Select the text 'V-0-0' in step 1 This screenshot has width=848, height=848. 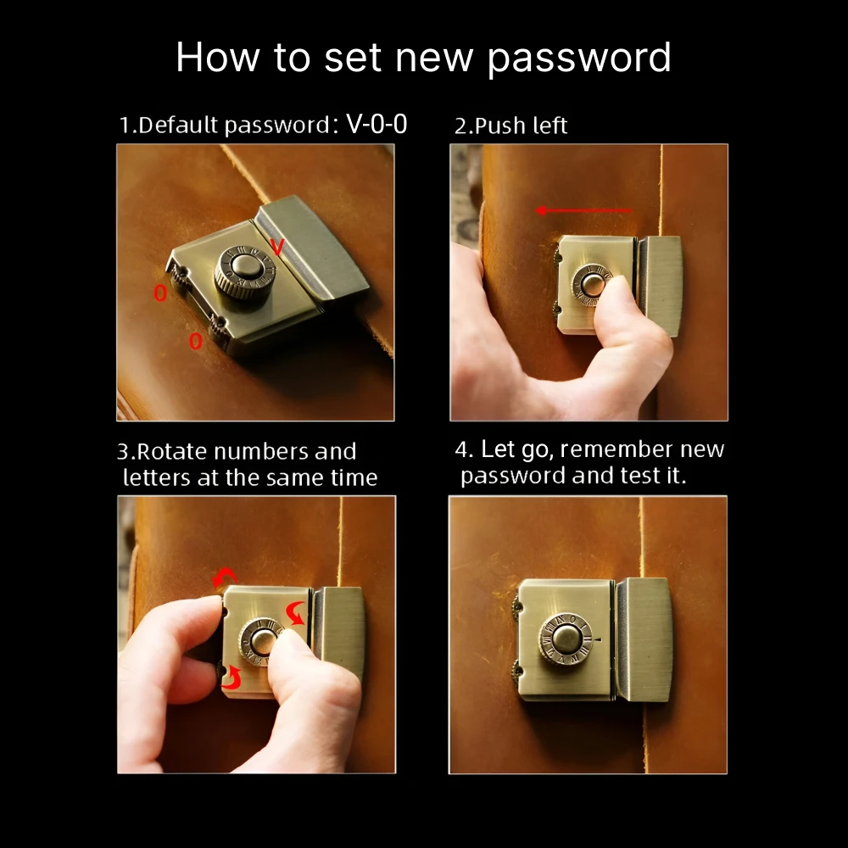(377, 124)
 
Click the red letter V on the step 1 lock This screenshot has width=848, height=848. (277, 247)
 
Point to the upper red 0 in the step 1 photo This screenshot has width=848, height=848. (160, 293)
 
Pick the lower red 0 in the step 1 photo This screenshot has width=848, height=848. (195, 341)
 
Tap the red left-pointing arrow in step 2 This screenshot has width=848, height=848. (583, 210)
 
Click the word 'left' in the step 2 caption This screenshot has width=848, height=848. (550, 126)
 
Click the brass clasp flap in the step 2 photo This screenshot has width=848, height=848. (660, 286)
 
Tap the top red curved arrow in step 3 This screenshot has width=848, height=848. (225, 577)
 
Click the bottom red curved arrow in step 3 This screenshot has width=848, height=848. (232, 678)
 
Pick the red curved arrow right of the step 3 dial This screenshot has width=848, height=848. (295, 613)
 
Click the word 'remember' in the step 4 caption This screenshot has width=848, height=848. (616, 449)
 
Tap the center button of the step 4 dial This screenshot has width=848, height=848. (566, 639)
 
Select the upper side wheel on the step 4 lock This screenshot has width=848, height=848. (516, 605)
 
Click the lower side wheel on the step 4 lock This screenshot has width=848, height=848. (516, 671)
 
